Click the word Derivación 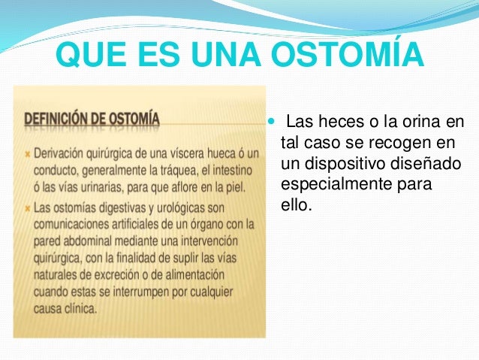(x=62, y=153)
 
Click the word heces (x=336, y=122)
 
